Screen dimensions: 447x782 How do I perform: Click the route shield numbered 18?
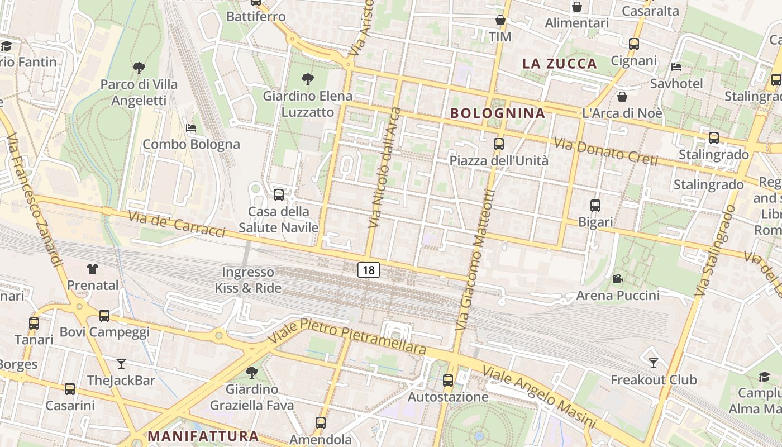(x=369, y=270)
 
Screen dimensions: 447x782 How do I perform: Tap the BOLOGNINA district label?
(x=497, y=113)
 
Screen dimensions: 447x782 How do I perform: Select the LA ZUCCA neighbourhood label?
(x=560, y=63)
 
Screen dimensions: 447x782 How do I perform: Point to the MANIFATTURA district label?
(x=203, y=435)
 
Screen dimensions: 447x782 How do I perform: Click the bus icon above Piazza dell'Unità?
(x=499, y=144)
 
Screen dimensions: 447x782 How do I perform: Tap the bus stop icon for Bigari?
(x=595, y=206)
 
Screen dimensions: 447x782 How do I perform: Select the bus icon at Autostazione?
(x=448, y=381)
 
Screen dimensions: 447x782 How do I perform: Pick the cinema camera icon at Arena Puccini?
(x=617, y=278)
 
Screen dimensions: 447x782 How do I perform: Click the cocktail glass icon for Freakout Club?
(x=653, y=363)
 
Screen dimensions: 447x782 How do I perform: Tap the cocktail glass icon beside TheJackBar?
(x=121, y=364)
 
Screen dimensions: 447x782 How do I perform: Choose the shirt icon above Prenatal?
(x=93, y=269)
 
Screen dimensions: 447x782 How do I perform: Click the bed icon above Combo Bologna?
(x=191, y=128)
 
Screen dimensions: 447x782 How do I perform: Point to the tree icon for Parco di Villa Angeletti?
(x=139, y=68)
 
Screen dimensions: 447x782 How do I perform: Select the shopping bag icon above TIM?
(x=500, y=20)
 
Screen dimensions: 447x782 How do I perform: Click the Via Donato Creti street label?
(x=605, y=151)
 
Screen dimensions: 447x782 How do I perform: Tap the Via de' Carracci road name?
(x=177, y=223)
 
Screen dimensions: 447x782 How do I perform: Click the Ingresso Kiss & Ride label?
(x=249, y=280)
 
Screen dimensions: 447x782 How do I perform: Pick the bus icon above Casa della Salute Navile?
(x=278, y=195)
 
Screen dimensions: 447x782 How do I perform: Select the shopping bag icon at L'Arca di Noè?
(x=622, y=97)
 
